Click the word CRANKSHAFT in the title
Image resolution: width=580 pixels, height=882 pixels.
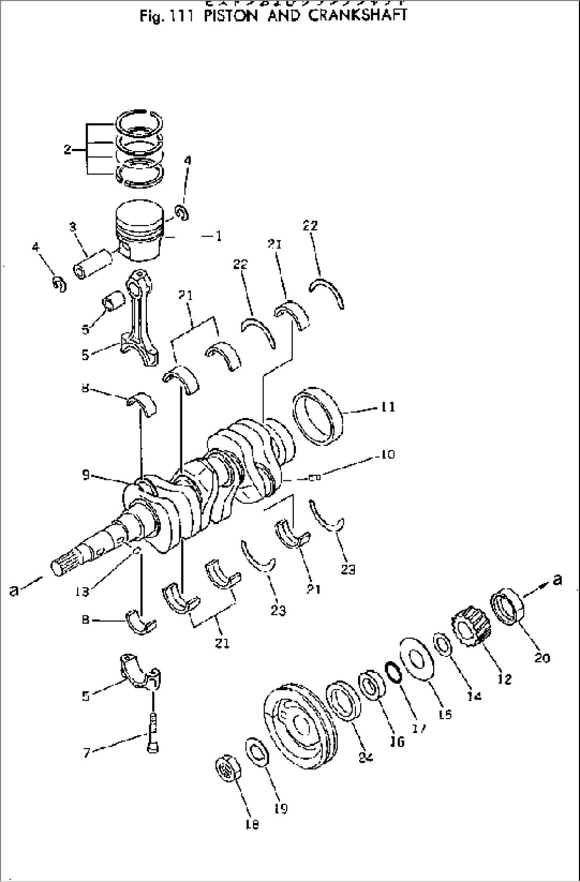coord(353,15)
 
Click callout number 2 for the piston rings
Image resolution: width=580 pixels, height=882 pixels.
coord(68,150)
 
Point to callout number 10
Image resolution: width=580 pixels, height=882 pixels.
coord(387,455)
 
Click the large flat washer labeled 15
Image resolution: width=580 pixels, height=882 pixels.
coord(416,659)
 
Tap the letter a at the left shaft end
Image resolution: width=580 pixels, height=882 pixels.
coord(15,589)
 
